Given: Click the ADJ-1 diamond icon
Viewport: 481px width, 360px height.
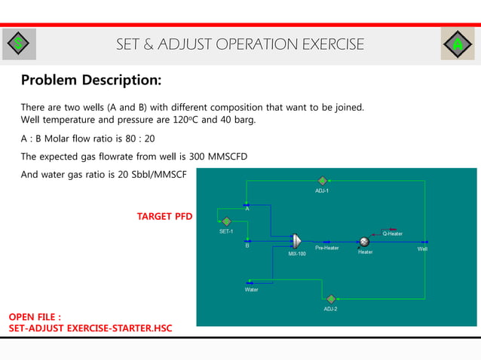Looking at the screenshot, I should coord(322,181).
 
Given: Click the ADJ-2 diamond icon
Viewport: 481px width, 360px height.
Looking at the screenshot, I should coord(331,299).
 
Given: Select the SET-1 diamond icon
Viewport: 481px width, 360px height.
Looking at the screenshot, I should coord(226,221).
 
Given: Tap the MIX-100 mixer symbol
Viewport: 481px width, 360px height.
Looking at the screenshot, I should coord(296,241).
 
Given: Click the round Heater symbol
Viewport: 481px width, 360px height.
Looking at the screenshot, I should coord(364,241).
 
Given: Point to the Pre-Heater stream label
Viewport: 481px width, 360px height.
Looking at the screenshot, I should coord(326,249).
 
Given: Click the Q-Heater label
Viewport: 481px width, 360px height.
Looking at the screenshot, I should coord(392,233).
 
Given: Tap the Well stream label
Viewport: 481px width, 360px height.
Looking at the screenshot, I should coord(422,249).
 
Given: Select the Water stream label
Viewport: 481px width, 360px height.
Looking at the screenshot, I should coord(251,289).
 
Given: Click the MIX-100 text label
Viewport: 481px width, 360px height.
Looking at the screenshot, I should coord(297,255).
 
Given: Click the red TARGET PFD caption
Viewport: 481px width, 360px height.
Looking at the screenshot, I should coord(164,217).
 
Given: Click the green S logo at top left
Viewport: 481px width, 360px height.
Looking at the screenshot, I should coord(18,44).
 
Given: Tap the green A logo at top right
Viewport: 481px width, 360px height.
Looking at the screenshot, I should coord(457,44).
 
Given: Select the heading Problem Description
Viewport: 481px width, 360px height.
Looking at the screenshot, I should coord(90,80).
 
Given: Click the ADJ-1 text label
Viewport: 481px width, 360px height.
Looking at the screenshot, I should coord(322,191).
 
